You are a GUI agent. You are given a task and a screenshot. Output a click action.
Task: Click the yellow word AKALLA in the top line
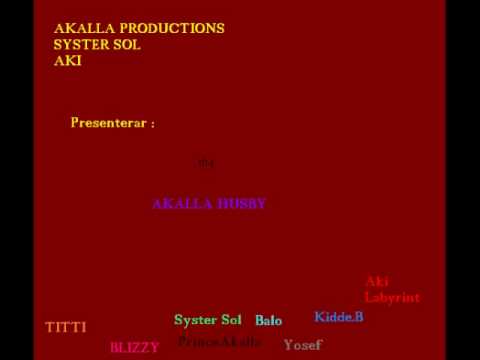[81, 28]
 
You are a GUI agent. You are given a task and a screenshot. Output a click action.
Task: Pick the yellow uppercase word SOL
[128, 45]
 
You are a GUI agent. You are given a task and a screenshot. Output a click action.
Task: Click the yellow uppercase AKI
[68, 61]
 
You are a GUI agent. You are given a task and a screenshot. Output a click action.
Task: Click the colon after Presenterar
[152, 124]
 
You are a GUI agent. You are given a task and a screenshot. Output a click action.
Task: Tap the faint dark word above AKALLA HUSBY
[206, 162]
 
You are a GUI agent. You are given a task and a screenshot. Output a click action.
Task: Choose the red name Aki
[377, 281]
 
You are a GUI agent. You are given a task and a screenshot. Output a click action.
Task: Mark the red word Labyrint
[392, 297]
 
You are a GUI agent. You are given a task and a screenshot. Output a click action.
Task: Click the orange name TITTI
[66, 327]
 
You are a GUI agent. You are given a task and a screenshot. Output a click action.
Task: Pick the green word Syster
[195, 320]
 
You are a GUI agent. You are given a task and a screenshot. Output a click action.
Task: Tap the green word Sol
[231, 320]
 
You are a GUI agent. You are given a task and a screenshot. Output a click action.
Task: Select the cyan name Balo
[268, 321]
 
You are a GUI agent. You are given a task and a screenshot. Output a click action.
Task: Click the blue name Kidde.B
[339, 317]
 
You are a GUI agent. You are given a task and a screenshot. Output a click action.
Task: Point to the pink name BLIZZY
[134, 347]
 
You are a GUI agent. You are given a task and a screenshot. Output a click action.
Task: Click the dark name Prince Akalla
[219, 342]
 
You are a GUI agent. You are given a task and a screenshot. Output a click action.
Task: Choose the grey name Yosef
[302, 345]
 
